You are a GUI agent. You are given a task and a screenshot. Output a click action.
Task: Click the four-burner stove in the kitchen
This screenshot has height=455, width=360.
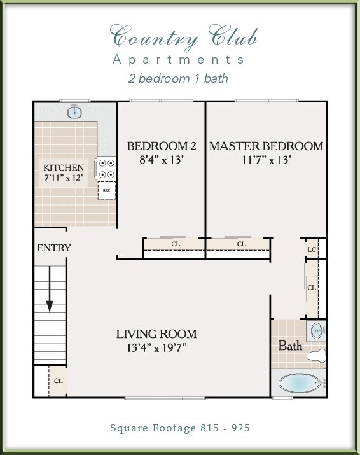tap(106, 169)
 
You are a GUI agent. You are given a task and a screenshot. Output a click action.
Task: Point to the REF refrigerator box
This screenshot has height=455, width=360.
tap(106, 190)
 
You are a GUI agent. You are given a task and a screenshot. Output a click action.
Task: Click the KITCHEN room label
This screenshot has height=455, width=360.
tap(63, 167)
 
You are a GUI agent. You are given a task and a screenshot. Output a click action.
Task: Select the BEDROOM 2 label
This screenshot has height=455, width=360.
tap(157, 146)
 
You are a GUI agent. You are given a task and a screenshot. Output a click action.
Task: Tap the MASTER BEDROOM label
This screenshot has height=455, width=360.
tap(266, 146)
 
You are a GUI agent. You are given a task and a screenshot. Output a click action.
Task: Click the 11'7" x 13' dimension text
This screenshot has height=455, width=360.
tap(266, 160)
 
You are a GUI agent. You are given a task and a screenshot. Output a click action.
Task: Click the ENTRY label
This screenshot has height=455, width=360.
tap(53, 248)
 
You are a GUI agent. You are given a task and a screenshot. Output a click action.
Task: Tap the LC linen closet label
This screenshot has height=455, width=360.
tap(312, 249)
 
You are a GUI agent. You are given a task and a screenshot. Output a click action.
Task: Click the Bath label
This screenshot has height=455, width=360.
tap(290, 346)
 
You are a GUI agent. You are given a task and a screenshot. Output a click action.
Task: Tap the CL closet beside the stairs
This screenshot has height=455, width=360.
tap(58, 381)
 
